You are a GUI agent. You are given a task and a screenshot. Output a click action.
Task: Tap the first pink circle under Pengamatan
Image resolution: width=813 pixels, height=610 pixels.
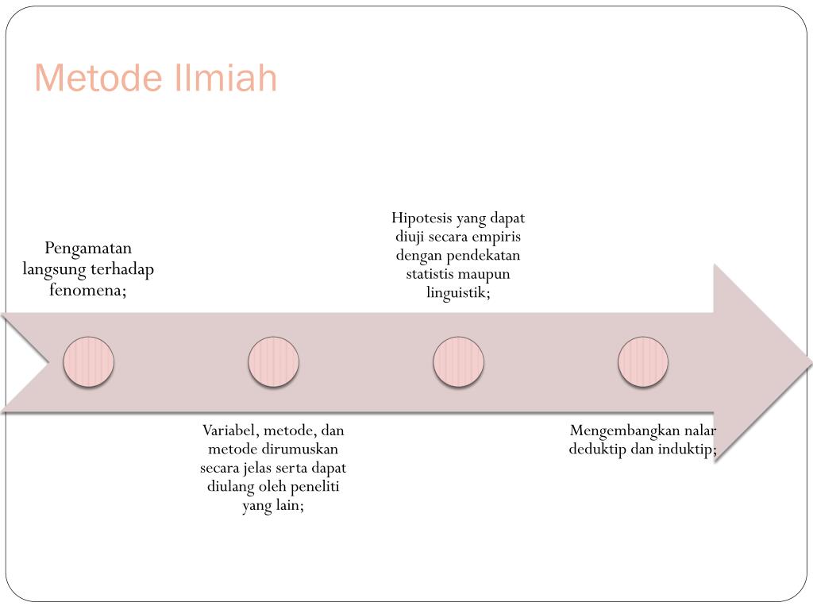point(89,362)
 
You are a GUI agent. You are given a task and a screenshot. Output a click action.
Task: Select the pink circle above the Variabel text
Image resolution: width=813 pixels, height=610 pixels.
point(273,362)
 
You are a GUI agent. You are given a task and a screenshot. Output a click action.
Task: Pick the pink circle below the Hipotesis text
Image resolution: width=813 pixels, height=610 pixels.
point(458,362)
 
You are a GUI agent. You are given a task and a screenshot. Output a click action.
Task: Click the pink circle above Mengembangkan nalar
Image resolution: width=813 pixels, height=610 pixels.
point(643,362)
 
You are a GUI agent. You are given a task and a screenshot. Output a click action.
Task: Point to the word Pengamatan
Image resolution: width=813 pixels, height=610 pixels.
point(88,249)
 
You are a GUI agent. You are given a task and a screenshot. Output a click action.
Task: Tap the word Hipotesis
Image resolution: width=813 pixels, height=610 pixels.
point(421,218)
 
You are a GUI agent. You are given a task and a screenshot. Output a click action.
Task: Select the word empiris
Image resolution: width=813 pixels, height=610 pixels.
point(497,237)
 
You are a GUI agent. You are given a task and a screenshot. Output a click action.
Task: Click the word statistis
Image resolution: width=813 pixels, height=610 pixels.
point(433,274)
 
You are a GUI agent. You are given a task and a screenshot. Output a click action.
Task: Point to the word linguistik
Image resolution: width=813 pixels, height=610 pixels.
point(457,293)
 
